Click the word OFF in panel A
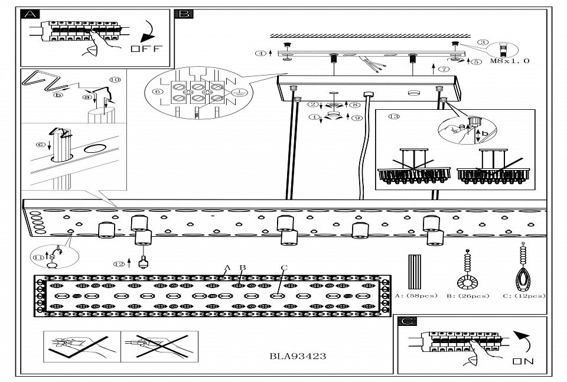coord(145,49)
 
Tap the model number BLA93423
coord(297,356)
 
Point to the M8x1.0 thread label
coord(510,61)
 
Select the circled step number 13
coord(394,116)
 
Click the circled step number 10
coord(115,79)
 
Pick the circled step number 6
coord(157,92)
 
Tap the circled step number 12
coord(120,264)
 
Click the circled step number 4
coord(260,53)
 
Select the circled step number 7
coord(444,69)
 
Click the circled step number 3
coord(483,43)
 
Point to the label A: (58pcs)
coord(416,296)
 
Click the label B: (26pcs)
coord(470,296)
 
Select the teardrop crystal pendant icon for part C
coord(523,269)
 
